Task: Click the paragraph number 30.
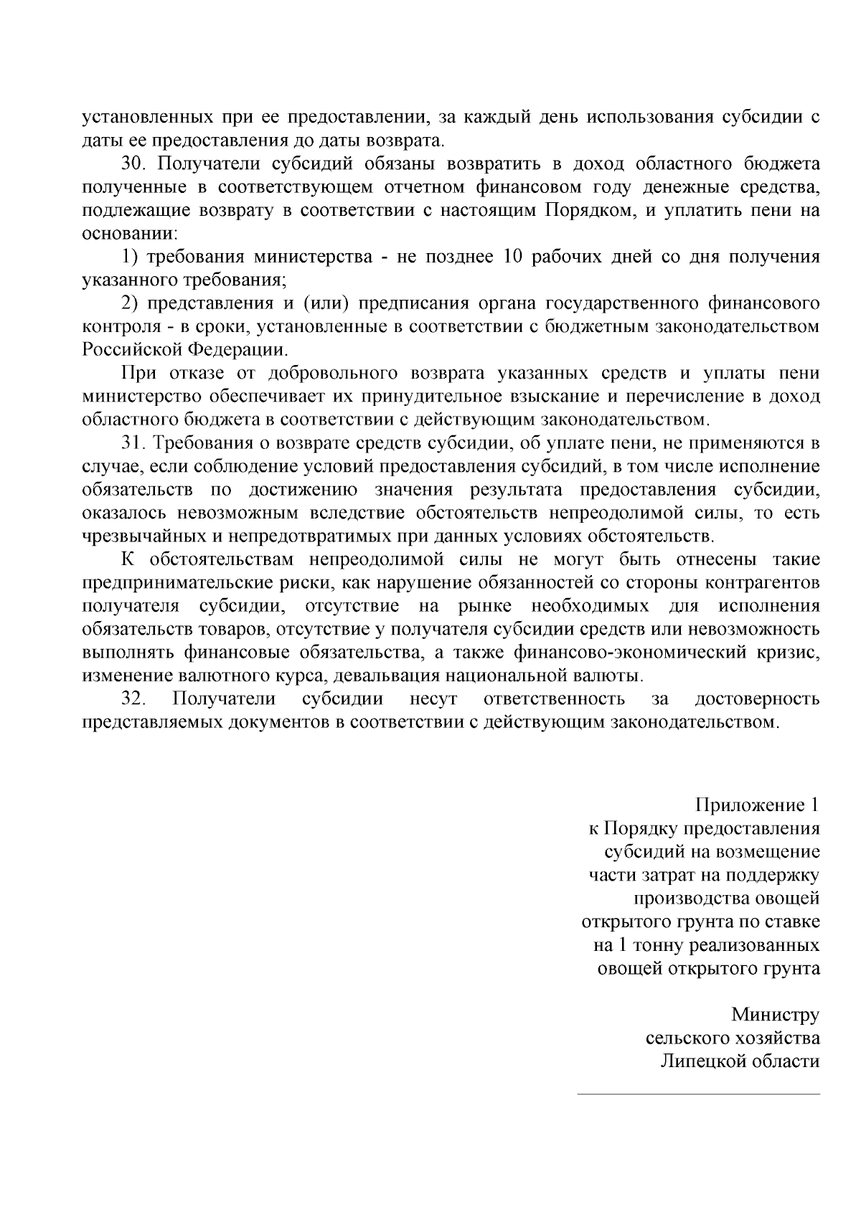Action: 133,164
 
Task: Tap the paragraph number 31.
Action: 133,444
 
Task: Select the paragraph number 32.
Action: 133,699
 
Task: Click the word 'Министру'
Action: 775,1015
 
